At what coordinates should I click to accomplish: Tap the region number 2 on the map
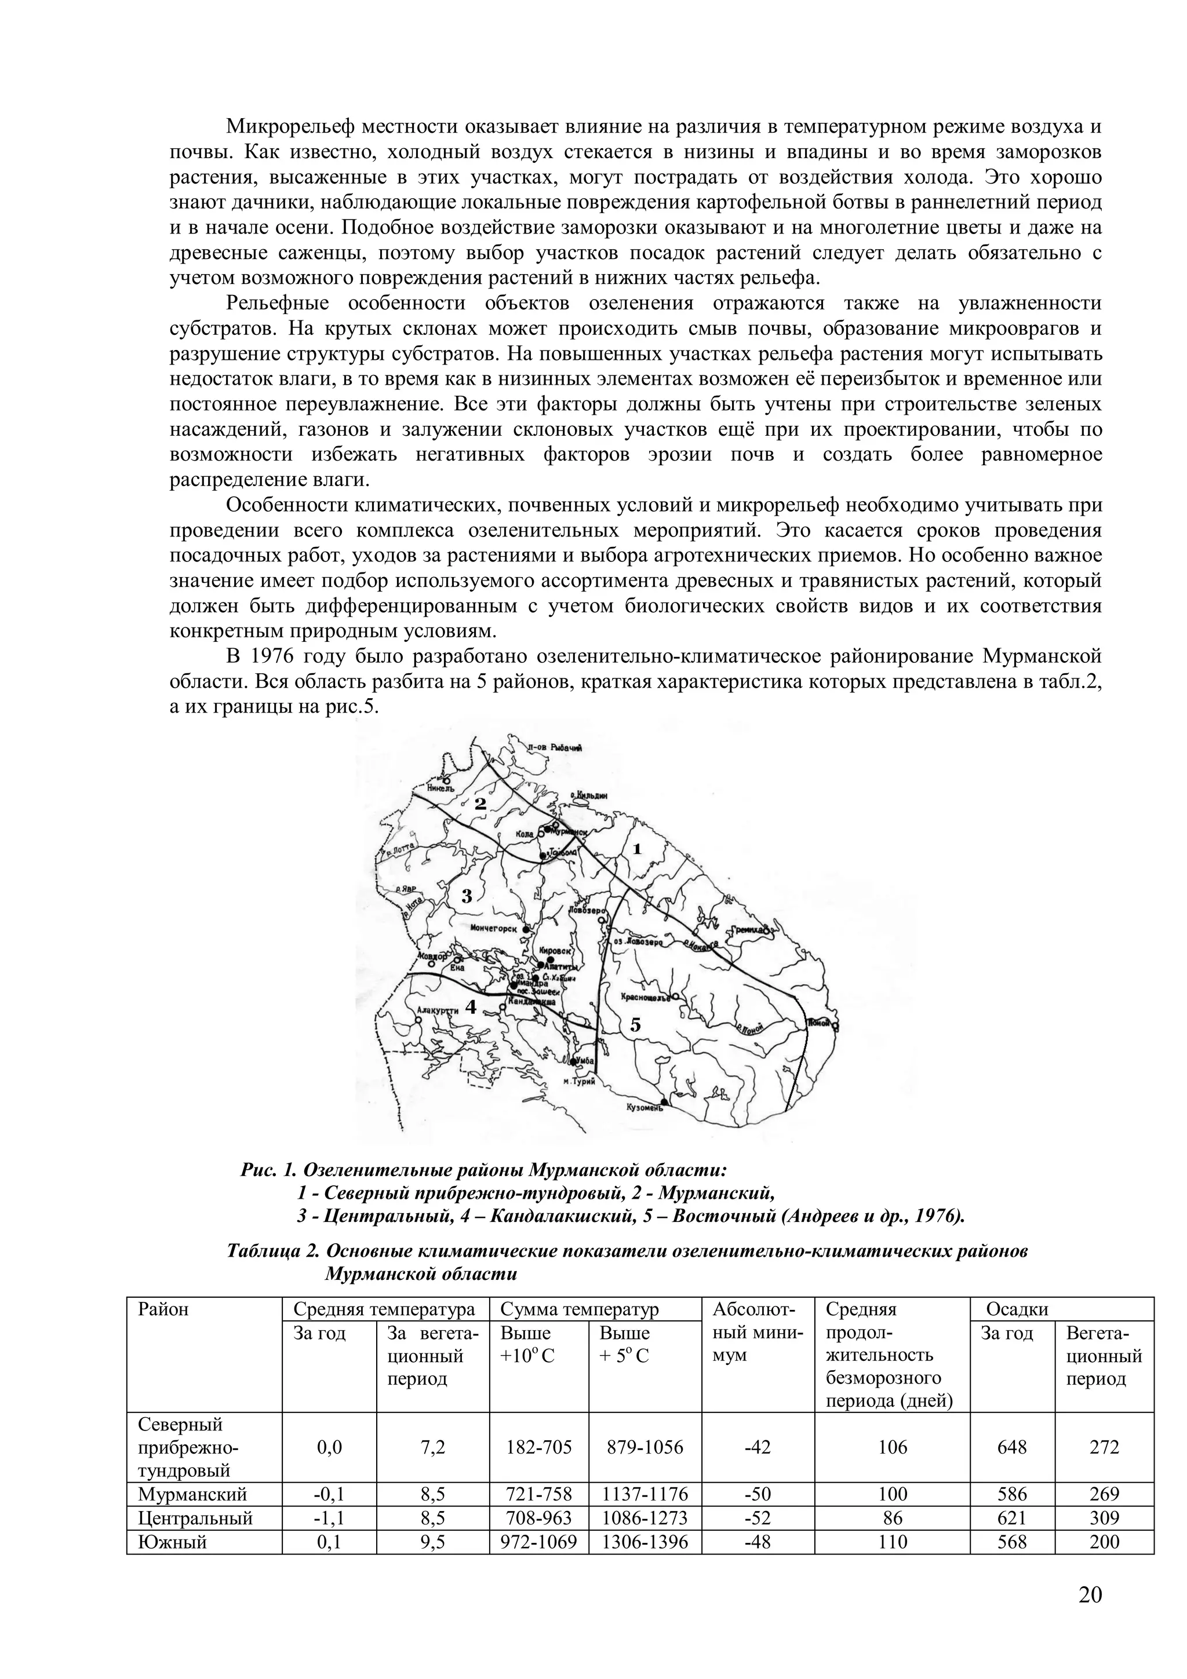pos(480,804)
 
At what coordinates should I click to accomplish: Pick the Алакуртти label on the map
pos(438,1010)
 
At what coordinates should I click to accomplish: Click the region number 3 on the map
pos(467,895)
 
